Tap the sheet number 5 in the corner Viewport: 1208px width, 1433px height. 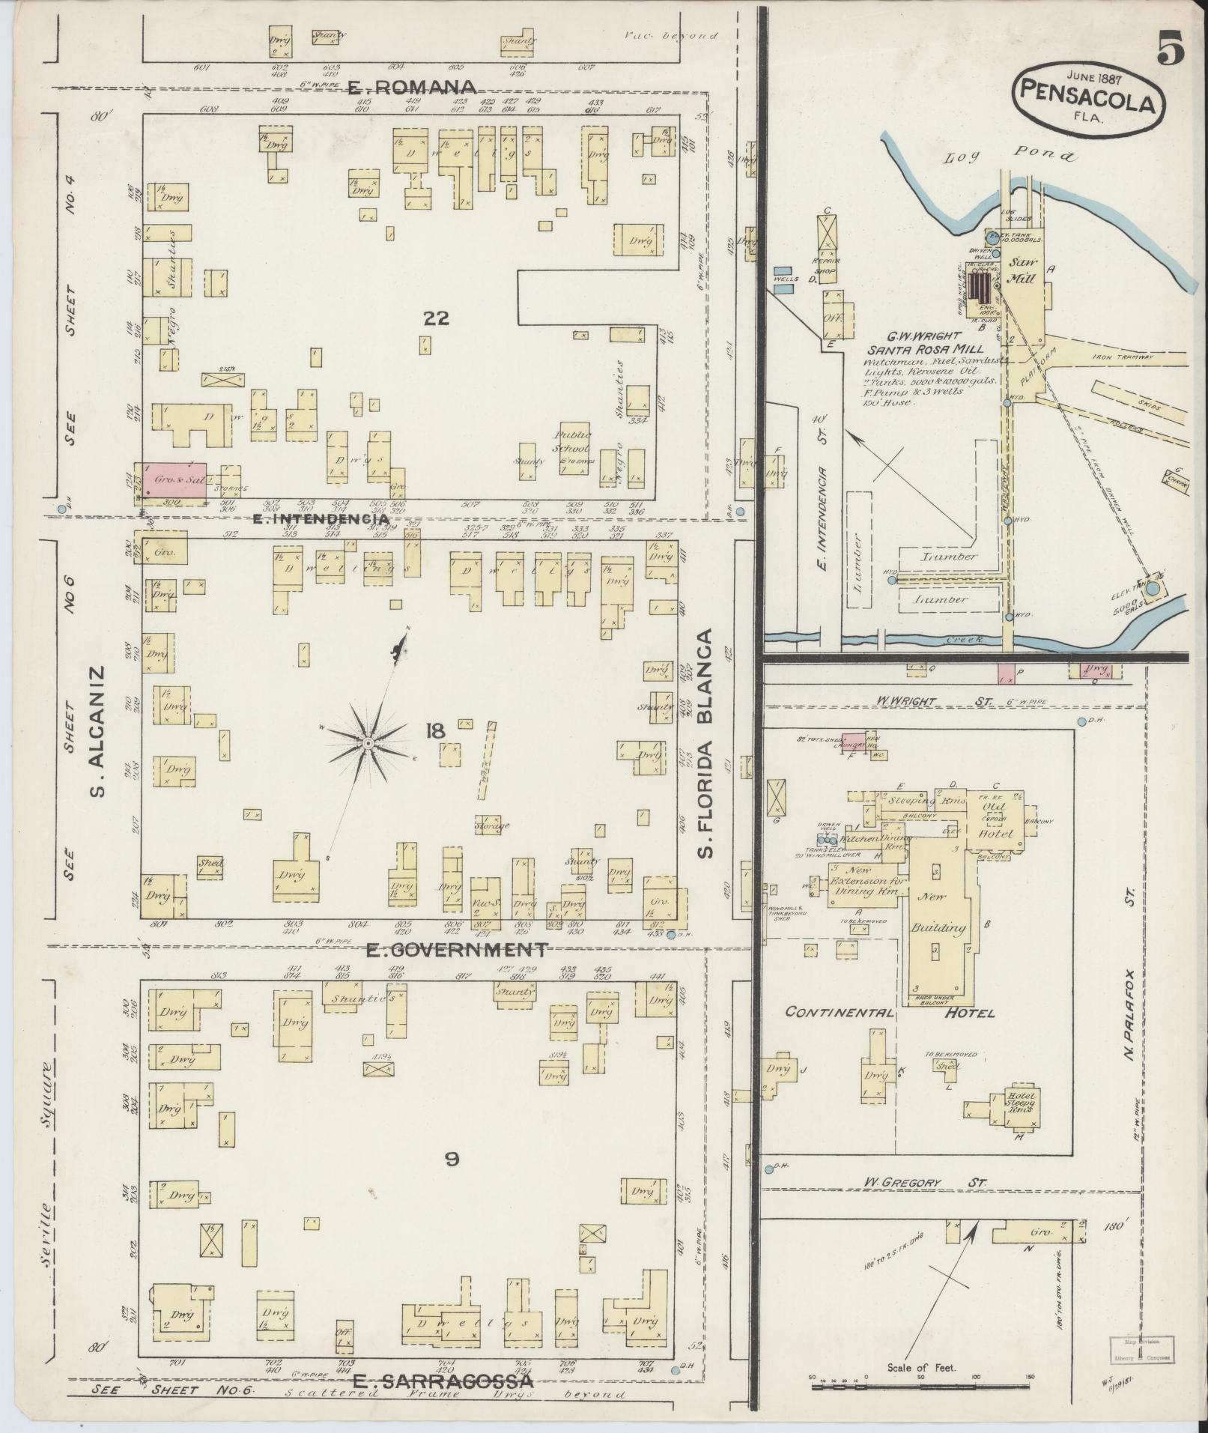pos(1170,49)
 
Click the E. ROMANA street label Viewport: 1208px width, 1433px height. pos(413,87)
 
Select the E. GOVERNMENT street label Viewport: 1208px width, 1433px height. pos(457,950)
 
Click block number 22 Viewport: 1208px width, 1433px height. pos(435,318)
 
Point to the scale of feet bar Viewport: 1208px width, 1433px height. pos(921,1387)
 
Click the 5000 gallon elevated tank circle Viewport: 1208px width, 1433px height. pos(1153,590)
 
